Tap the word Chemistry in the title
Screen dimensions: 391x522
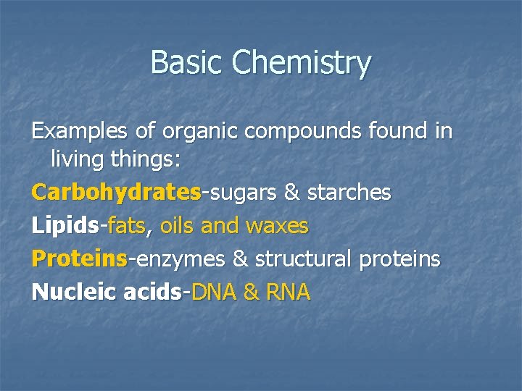coord(301,64)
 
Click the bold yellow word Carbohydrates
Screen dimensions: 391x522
coord(116,193)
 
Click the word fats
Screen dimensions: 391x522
coord(127,226)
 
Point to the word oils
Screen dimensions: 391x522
coord(176,226)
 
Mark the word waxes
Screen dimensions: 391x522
coord(278,227)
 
